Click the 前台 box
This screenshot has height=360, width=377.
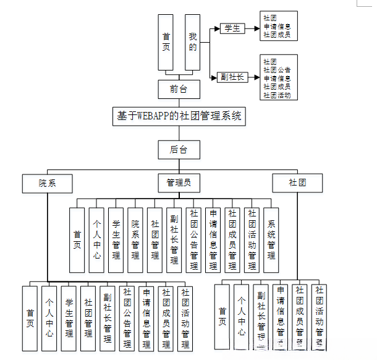179,89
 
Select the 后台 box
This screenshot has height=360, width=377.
179,148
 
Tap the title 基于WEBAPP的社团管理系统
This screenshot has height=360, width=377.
179,116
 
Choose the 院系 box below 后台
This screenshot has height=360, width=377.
47,183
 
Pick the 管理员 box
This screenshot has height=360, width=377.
179,183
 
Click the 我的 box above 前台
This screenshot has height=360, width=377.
193,42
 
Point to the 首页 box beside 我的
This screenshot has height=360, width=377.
165,42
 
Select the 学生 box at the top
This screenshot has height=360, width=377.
232,28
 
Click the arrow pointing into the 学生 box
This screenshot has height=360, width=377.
216,28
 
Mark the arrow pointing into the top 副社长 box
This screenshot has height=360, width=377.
216,77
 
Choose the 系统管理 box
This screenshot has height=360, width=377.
271,240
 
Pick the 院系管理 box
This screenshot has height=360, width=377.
135,240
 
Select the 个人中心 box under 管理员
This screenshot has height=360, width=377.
96,240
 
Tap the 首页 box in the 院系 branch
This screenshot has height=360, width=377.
30,319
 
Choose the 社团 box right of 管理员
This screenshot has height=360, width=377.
297,183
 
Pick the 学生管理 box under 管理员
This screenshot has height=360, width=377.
116,240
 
